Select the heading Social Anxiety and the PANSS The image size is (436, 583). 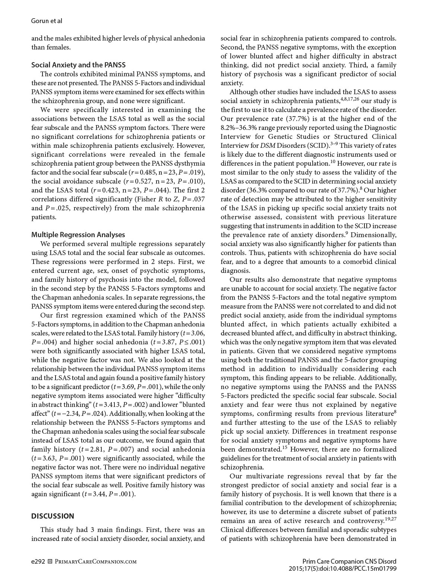[x=78, y=65]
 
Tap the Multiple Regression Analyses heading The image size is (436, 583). [x=78, y=235]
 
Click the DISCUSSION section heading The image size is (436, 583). [x=53, y=516]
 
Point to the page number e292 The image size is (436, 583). [x=38, y=561]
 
